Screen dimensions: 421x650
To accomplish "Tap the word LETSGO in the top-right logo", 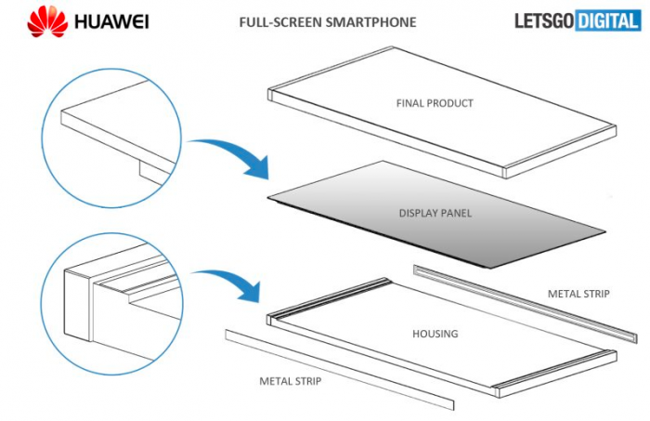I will [544, 20].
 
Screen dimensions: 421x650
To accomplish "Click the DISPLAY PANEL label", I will [435, 213].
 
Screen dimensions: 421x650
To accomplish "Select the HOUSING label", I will [435, 332].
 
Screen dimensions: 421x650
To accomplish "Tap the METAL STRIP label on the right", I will [578, 294].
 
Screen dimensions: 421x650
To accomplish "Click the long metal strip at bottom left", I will [339, 366].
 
